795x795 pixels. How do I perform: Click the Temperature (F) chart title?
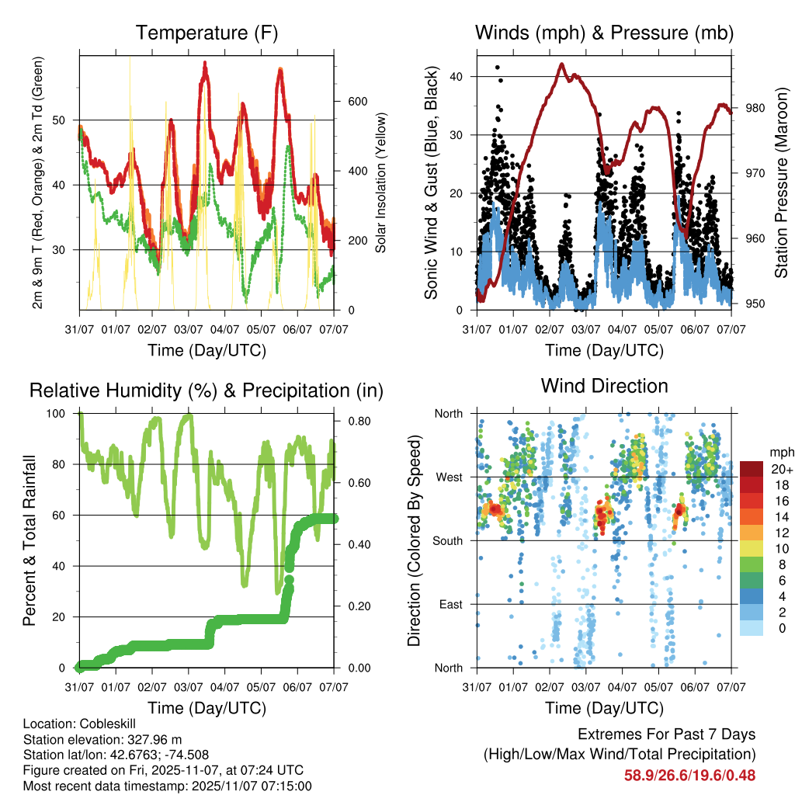[207, 33]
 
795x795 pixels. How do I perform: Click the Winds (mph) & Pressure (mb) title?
[604, 33]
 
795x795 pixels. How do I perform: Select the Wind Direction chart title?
[604, 386]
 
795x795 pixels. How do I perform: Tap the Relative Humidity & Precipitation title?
[207, 391]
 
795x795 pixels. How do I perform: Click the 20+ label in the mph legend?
[782, 469]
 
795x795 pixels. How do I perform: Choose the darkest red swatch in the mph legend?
[752, 469]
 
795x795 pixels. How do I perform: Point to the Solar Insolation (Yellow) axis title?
[382, 183]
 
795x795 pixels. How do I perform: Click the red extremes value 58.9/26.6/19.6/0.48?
[689, 775]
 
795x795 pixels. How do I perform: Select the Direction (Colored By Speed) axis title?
[414, 540]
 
